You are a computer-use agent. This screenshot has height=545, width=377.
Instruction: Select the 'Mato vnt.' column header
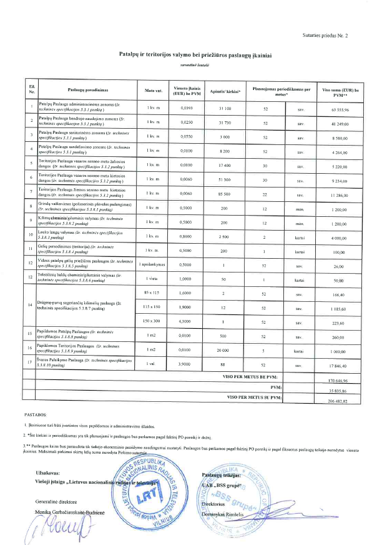click(154, 91)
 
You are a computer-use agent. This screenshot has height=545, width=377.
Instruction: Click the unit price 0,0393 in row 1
click(187, 109)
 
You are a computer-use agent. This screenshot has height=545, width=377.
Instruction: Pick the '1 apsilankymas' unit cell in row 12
click(154, 264)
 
